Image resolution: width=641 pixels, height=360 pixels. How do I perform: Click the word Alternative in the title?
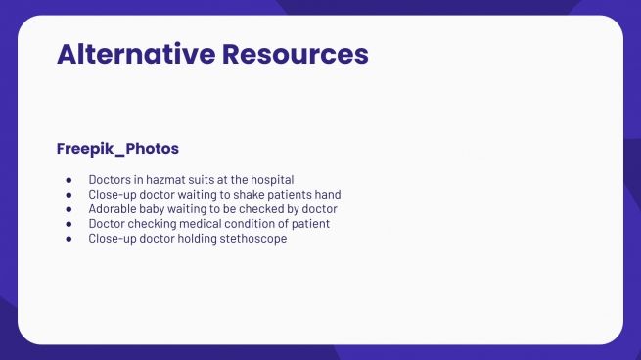[136, 54]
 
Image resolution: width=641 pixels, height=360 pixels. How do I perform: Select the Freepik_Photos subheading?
[117, 149]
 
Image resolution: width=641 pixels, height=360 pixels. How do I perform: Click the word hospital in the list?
[270, 180]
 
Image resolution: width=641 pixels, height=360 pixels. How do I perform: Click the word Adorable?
[113, 209]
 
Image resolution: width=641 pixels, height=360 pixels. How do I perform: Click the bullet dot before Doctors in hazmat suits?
[69, 180]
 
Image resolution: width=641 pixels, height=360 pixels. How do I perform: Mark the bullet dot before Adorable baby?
[69, 209]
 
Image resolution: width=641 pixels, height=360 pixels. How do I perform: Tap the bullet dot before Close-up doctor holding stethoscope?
[69, 239]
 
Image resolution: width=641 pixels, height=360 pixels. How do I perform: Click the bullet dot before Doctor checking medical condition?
[69, 224]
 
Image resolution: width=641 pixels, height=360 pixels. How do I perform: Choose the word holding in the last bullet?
[197, 239]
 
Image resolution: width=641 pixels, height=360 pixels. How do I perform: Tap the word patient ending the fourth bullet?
[311, 224]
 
